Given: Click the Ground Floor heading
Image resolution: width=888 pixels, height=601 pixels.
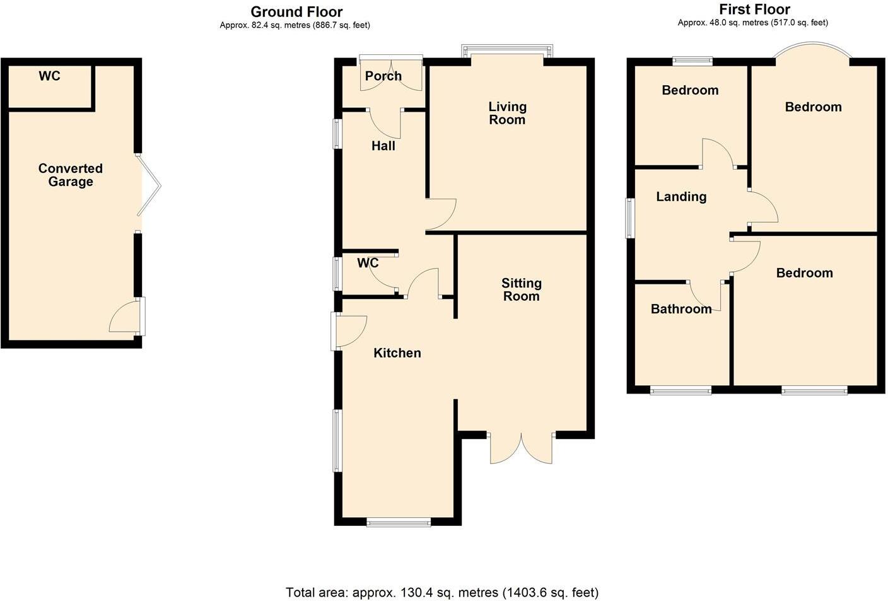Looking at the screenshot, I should pyautogui.click(x=296, y=11).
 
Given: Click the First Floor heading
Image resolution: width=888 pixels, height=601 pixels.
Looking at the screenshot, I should pyautogui.click(x=754, y=9).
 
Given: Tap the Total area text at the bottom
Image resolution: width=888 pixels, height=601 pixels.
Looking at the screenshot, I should pyautogui.click(x=442, y=592).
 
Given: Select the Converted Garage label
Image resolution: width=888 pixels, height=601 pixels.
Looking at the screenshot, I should pyautogui.click(x=70, y=175).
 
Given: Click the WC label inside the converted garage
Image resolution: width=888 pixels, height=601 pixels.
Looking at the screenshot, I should pyautogui.click(x=49, y=76).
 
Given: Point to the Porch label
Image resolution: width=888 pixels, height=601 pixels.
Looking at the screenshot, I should pyautogui.click(x=383, y=76).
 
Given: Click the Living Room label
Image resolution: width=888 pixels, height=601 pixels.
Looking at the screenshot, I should pyautogui.click(x=507, y=113).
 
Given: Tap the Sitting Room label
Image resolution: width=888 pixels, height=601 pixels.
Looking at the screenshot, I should pyautogui.click(x=521, y=289).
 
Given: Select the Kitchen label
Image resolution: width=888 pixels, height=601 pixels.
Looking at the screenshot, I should pyautogui.click(x=397, y=353).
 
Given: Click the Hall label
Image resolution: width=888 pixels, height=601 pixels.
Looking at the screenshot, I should pyautogui.click(x=383, y=146).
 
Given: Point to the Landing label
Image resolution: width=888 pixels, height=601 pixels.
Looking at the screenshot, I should pyautogui.click(x=681, y=196).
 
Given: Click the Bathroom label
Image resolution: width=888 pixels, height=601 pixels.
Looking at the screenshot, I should pyautogui.click(x=681, y=308).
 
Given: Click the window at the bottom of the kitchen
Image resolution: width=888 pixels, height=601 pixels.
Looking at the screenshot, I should pyautogui.click(x=399, y=522).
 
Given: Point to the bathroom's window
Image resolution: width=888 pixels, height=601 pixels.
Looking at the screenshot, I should pyautogui.click(x=681, y=391).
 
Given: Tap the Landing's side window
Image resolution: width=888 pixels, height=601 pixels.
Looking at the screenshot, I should pyautogui.click(x=629, y=218).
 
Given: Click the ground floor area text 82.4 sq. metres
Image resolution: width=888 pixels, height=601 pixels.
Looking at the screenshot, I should pyautogui.click(x=295, y=25).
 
